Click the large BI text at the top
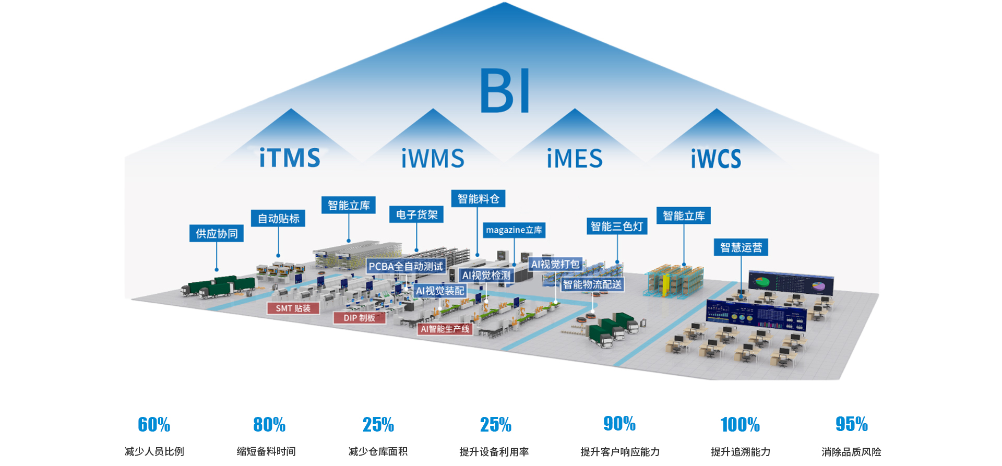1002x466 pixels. click(x=505, y=90)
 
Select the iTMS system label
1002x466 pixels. click(x=290, y=158)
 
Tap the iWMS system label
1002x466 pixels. click(x=433, y=158)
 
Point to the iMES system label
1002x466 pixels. click(x=575, y=158)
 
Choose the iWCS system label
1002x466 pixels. click(x=716, y=159)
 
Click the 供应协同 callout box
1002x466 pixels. click(x=217, y=233)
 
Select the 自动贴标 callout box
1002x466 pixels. click(x=278, y=218)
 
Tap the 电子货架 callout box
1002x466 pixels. click(x=416, y=214)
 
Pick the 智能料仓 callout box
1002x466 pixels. click(x=478, y=198)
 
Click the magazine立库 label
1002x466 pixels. click(x=514, y=230)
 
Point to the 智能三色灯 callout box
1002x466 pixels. click(x=617, y=226)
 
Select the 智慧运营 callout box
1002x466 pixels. click(x=741, y=247)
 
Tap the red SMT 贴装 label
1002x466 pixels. click(x=293, y=308)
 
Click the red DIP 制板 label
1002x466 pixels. click(x=360, y=318)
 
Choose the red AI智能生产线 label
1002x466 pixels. click(x=445, y=329)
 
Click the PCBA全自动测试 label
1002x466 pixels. click(x=405, y=266)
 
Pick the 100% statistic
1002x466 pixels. click(x=740, y=425)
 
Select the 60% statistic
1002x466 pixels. click(x=154, y=425)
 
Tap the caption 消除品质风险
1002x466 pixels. click(x=851, y=452)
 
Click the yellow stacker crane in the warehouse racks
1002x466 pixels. click(x=665, y=285)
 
